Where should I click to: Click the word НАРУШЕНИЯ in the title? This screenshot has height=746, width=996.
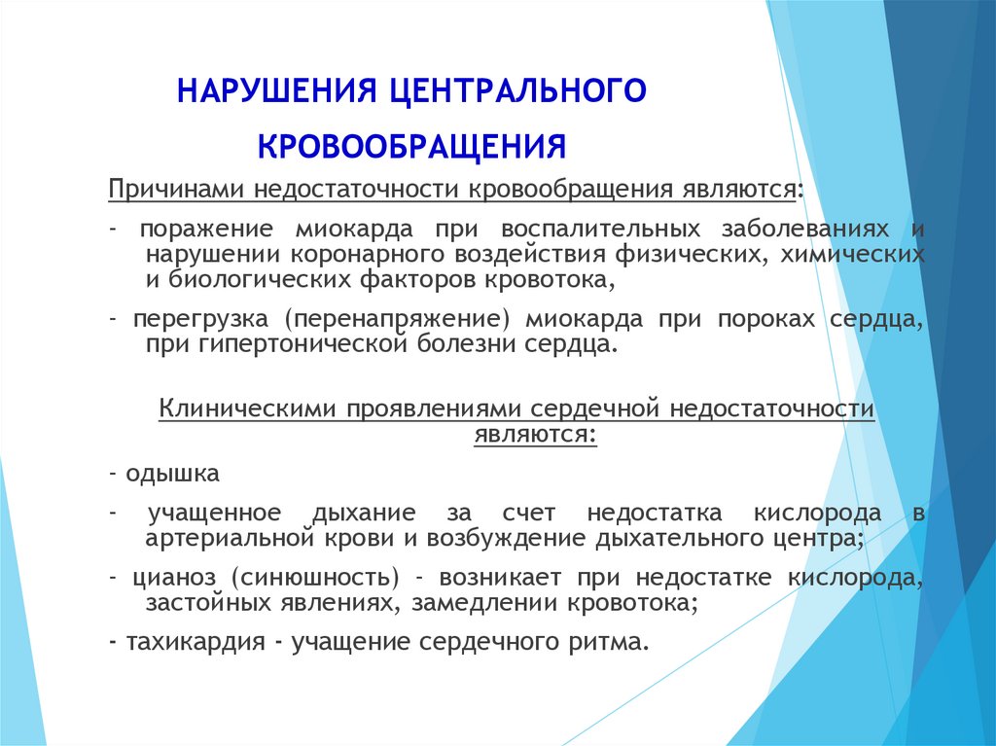(x=277, y=90)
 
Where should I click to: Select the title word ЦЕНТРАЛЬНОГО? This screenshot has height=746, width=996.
(x=517, y=91)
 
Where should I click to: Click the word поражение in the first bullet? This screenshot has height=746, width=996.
(x=206, y=230)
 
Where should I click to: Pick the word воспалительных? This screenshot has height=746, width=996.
(x=600, y=229)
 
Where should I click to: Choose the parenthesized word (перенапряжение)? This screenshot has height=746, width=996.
(x=397, y=319)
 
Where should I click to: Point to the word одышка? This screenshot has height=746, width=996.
(x=172, y=474)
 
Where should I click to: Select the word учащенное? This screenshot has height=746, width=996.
(x=215, y=513)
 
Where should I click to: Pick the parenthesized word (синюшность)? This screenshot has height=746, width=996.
(x=315, y=578)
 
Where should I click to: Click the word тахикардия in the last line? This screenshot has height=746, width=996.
(x=195, y=643)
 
